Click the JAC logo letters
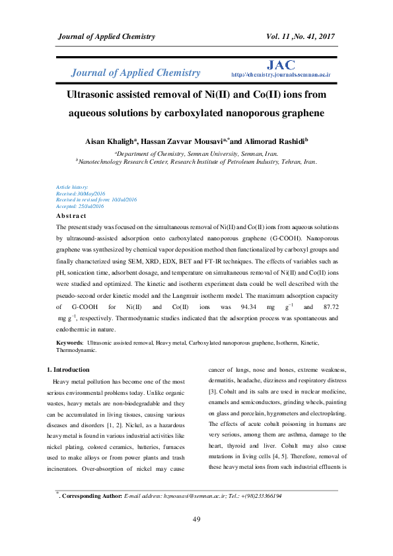point(281,65)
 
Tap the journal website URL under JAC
point(281,76)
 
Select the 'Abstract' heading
point(71,216)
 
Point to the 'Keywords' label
point(69,343)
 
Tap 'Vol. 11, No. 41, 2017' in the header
point(301,34)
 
